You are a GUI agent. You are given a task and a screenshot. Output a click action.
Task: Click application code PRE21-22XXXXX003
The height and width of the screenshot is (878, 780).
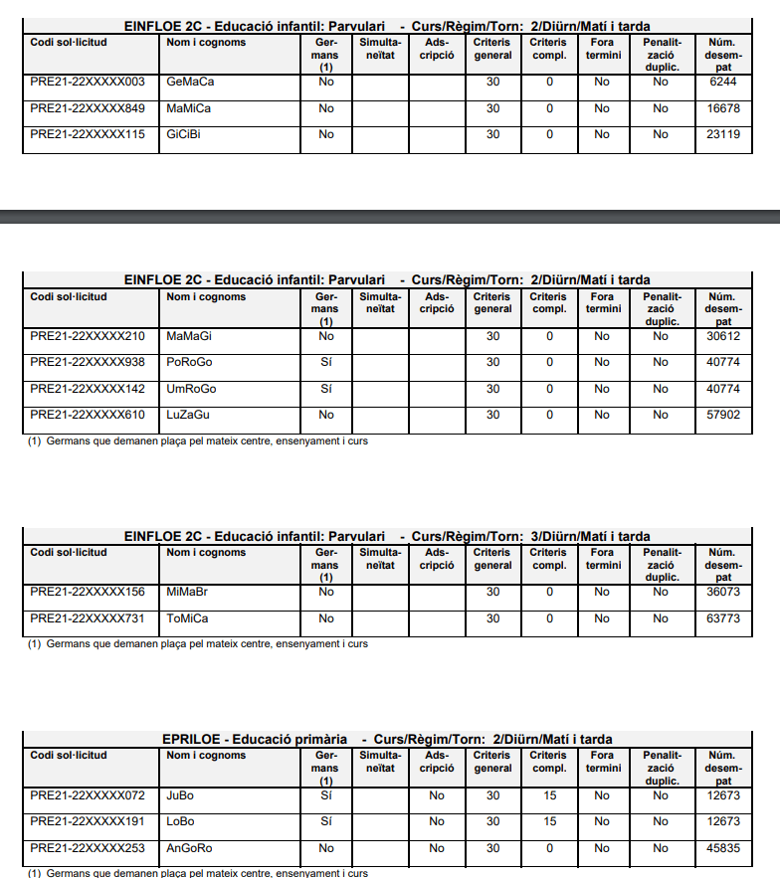click(88, 82)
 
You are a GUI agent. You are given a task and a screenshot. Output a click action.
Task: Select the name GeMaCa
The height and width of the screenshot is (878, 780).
click(190, 82)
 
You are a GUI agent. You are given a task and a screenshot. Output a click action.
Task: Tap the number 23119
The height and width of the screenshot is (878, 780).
click(723, 134)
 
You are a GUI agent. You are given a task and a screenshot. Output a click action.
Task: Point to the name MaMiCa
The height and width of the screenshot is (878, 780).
click(189, 108)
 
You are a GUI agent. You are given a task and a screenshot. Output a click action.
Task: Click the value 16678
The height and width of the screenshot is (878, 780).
click(723, 108)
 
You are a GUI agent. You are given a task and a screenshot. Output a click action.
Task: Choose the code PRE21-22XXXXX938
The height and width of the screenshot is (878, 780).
click(88, 363)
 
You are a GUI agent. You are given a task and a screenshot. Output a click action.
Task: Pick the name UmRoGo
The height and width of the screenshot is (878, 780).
click(191, 389)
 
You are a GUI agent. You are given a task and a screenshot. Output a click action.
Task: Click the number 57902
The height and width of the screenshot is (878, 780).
click(723, 415)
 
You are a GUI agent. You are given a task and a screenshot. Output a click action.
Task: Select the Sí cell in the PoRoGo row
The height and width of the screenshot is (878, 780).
click(325, 363)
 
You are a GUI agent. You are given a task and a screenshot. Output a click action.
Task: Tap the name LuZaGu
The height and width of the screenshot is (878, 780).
click(188, 415)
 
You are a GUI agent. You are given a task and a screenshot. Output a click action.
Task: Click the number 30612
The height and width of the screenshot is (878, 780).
click(723, 336)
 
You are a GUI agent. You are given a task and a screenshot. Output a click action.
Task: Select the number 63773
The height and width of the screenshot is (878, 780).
click(723, 618)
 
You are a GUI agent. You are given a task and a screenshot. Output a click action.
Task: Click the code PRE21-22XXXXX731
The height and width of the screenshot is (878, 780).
click(88, 618)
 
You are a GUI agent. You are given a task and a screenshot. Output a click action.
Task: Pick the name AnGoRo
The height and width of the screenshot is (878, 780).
click(190, 848)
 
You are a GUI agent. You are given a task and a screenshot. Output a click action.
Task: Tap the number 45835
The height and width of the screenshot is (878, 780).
click(723, 848)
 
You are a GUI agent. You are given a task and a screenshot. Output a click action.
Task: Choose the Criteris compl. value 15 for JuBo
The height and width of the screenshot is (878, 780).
click(549, 795)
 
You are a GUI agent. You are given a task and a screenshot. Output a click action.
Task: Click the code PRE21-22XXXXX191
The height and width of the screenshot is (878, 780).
click(88, 821)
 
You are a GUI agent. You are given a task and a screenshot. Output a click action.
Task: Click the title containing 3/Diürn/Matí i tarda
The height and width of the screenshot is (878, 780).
click(387, 537)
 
